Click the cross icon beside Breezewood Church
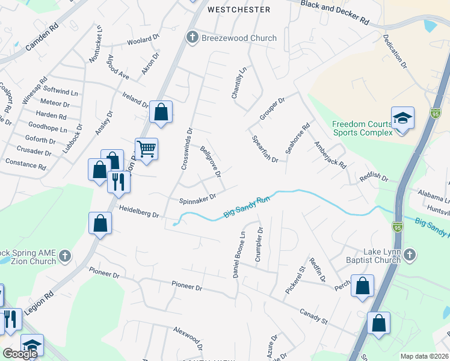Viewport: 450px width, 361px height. pyautogui.click(x=193, y=38)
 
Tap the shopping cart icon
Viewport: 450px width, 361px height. pyautogui.click(x=147, y=149)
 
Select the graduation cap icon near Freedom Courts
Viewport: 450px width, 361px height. pyautogui.click(x=402, y=119)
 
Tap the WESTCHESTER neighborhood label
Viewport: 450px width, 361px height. pyautogui.click(x=238, y=10)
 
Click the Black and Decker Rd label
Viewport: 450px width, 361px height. pyautogui.click(x=335, y=11)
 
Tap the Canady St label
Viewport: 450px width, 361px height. pyautogui.click(x=313, y=316)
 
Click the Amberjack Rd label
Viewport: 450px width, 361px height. pyautogui.click(x=330, y=155)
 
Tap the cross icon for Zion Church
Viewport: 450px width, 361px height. pyautogui.click(x=65, y=257)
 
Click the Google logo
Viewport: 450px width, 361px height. pyautogui.click(x=20, y=354)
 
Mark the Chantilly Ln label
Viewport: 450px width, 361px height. pyautogui.click(x=239, y=82)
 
